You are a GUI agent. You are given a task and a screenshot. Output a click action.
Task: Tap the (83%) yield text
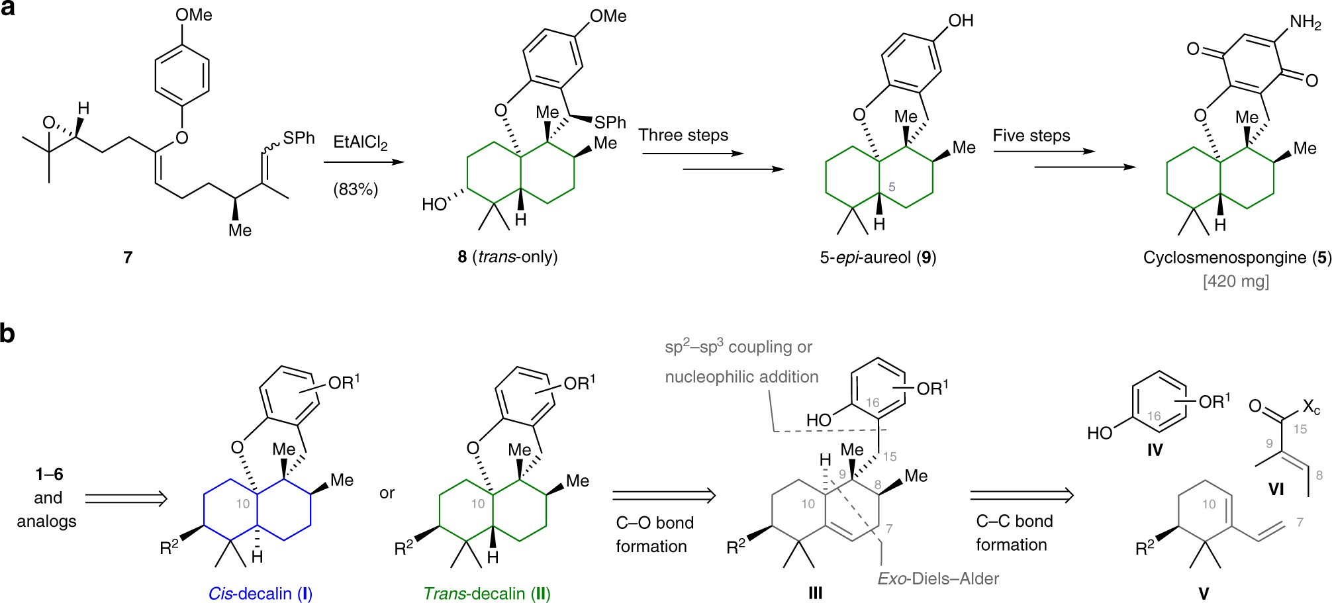pyautogui.click(x=356, y=189)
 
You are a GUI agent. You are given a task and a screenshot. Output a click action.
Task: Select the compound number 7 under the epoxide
pyautogui.click(x=128, y=257)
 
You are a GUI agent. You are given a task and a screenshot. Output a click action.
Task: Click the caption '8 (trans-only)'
pyautogui.click(x=507, y=257)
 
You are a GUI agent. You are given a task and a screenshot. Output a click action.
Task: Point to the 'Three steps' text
pyautogui.click(x=683, y=136)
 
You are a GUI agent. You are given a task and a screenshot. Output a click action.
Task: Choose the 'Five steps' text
pyautogui.click(x=1031, y=136)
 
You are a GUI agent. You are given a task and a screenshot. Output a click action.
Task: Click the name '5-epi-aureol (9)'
pyautogui.click(x=878, y=257)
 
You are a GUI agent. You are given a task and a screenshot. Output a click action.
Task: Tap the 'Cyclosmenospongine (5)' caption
pyautogui.click(x=1237, y=257)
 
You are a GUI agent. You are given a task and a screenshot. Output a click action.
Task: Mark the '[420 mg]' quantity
pyautogui.click(x=1236, y=281)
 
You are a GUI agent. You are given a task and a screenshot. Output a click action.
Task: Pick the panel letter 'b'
pyautogui.click(x=8, y=333)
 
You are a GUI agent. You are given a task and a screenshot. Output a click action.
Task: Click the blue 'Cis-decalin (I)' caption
pyautogui.click(x=260, y=594)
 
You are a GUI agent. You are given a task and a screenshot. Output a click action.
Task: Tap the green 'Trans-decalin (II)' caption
pyautogui.click(x=487, y=594)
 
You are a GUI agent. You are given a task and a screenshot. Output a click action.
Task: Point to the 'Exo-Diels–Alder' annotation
pyautogui.click(x=938, y=579)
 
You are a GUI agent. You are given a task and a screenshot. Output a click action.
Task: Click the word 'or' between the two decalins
pyautogui.click(x=387, y=493)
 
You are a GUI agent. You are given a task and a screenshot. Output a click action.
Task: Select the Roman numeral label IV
pyautogui.click(x=1155, y=450)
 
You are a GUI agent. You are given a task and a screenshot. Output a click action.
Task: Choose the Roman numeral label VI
pyautogui.click(x=1276, y=489)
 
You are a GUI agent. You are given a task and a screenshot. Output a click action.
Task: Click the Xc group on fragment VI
pyautogui.click(x=1311, y=406)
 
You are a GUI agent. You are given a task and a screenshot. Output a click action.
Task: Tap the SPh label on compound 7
pyautogui.click(x=299, y=138)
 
